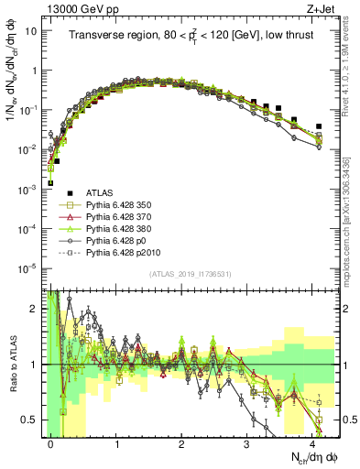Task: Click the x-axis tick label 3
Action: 247,442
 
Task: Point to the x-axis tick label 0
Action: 51,442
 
